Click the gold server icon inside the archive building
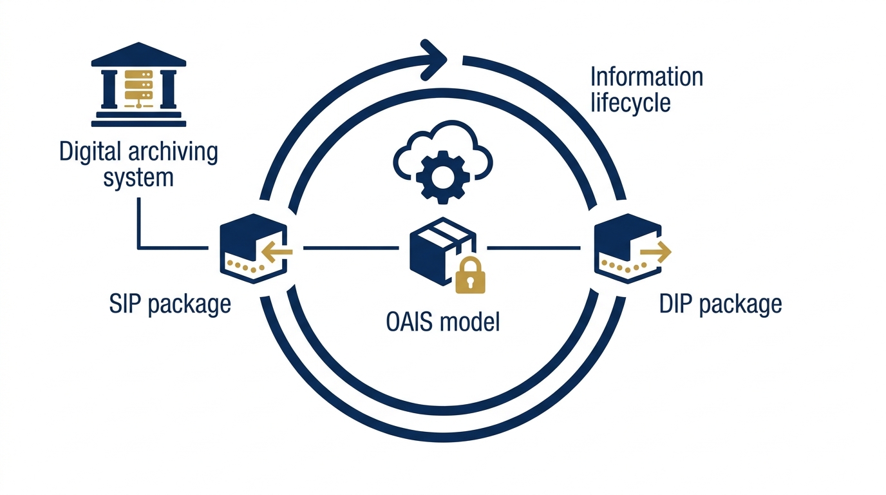tap(139, 89)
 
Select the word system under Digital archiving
tap(138, 178)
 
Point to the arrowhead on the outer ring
tap(434, 60)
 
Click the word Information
tap(646, 77)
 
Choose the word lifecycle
tap(630, 103)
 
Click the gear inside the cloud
tap(442, 177)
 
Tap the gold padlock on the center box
tap(470, 275)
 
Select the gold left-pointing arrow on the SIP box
tap(277, 252)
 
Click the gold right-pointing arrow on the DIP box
tap(655, 252)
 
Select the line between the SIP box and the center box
tap(351, 248)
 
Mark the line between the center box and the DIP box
tap(534, 248)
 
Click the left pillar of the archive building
tap(109, 89)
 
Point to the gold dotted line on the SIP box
tap(245, 266)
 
